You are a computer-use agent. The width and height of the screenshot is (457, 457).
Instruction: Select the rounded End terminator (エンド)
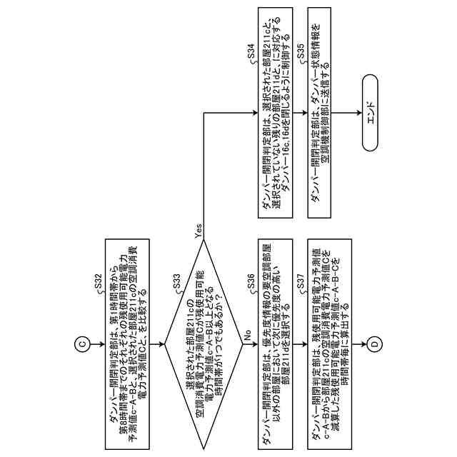click(x=374, y=114)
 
